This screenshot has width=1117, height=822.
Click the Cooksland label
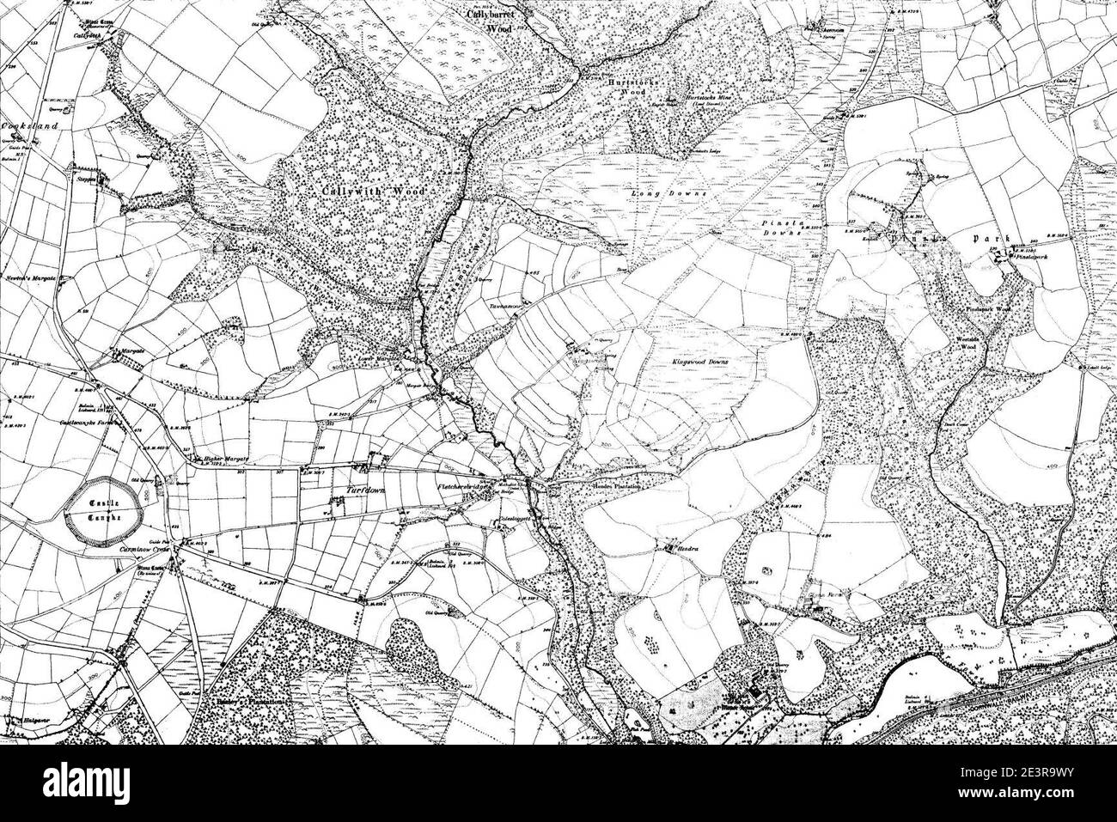30,126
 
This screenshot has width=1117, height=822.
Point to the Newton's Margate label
31,280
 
